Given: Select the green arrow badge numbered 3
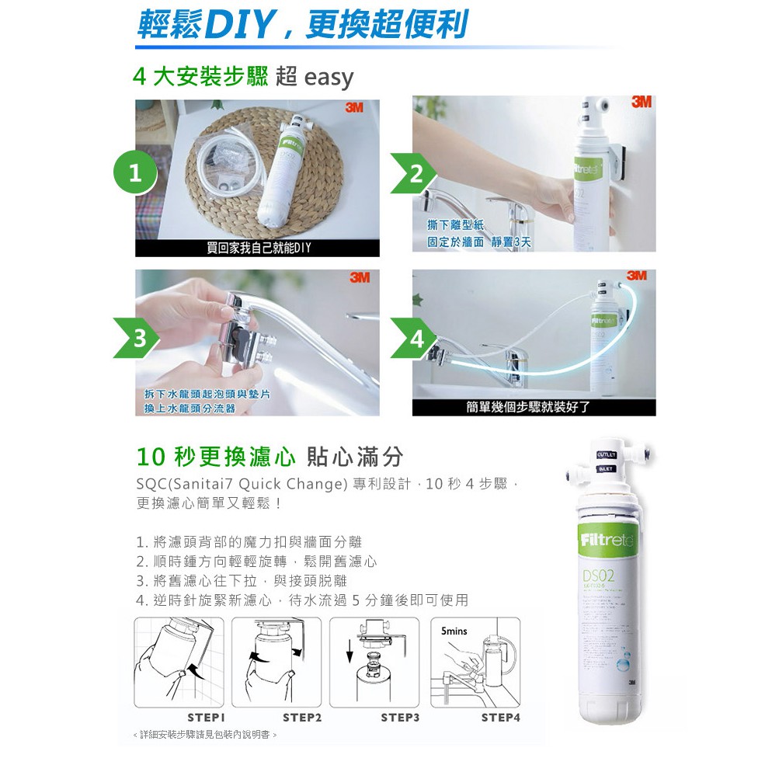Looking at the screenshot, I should click(137, 338).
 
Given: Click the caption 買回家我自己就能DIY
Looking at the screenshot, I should click(258, 249).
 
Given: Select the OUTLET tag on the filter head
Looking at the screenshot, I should click(607, 455).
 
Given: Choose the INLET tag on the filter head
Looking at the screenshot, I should click(607, 469).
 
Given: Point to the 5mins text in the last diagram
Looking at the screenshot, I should click(454, 631).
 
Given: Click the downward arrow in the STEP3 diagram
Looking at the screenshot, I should click(350, 649).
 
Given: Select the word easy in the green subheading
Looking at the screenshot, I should click(329, 78).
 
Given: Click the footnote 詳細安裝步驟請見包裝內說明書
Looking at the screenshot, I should click(205, 734).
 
